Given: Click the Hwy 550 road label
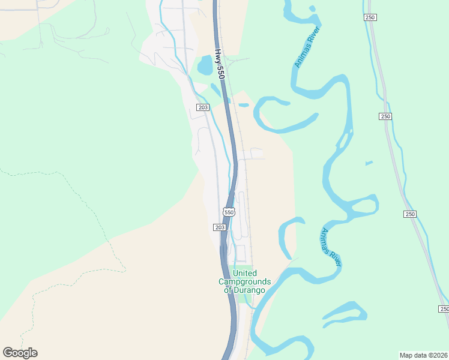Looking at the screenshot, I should [220, 64].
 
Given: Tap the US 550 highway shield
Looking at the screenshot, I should [229, 212].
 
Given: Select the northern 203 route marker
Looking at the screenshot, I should [202, 107].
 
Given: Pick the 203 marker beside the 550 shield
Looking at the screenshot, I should [219, 227].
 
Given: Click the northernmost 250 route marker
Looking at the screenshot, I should [370, 18].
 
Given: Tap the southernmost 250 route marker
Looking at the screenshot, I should [443, 308].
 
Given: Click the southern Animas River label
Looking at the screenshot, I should [331, 247].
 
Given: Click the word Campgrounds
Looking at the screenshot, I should [244, 281].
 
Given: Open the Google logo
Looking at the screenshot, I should [20, 352].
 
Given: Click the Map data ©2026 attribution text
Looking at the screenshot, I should [423, 355].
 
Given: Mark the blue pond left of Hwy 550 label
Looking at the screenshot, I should [205, 65].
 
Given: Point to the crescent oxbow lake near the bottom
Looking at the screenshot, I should [345, 314].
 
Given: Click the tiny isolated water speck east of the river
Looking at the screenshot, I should [369, 163].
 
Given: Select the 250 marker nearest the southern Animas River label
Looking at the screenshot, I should [410, 214].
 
